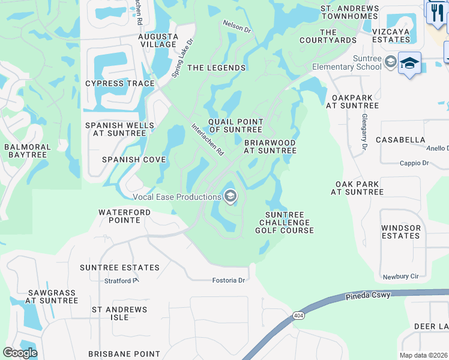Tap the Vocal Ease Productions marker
(230, 196)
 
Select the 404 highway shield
(298, 316)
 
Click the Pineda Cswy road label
(368, 295)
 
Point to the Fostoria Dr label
(229, 280)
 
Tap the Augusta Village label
(158, 40)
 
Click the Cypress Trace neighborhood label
(120, 83)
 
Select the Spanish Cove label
(133, 160)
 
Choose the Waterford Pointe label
(119, 216)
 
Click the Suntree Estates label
(121, 268)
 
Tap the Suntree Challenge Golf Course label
(285, 223)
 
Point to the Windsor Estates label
(400, 232)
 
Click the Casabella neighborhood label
(400, 140)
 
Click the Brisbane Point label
(124, 354)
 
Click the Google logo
(20, 353)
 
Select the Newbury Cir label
(400, 277)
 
